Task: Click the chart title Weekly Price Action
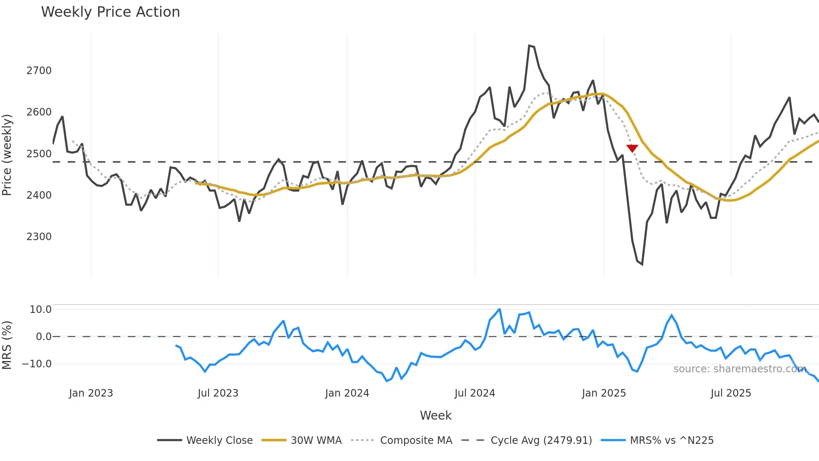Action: click(x=110, y=12)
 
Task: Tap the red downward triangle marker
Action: click(x=632, y=148)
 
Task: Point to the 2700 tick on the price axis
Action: click(x=39, y=71)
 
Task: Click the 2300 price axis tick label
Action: click(x=39, y=237)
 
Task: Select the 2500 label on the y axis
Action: click(x=39, y=154)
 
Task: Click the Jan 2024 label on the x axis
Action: click(x=347, y=393)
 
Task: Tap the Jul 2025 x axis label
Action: click(x=730, y=393)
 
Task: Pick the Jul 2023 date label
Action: click(x=218, y=393)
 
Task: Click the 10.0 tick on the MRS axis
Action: click(x=40, y=310)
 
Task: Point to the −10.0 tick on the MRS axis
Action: click(x=37, y=364)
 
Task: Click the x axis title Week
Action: click(x=435, y=415)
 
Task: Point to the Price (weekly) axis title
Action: click(x=7, y=155)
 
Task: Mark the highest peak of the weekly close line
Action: click(x=529, y=46)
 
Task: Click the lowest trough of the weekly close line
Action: click(x=642, y=264)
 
